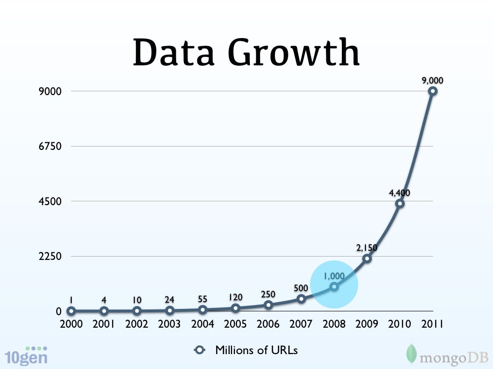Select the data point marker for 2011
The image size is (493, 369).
433,91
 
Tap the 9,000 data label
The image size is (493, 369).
433,81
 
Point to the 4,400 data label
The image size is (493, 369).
400,193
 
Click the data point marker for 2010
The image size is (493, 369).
400,203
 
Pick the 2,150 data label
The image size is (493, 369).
367,248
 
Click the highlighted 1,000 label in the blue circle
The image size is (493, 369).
334,276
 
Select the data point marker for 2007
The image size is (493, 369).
301,299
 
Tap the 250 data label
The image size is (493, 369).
268,294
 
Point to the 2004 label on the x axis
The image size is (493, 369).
202,324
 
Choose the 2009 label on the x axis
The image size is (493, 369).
367,324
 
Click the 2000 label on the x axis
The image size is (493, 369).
71,324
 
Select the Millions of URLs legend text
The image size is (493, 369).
256,350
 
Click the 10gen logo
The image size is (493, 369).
26,356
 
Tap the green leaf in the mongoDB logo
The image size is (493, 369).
412,353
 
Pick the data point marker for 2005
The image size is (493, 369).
235,308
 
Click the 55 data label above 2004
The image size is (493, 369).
202,299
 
